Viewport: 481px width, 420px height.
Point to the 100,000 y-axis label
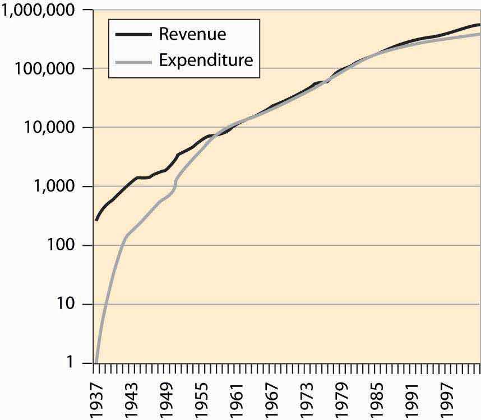48,69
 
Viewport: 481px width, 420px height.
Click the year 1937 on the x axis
96,399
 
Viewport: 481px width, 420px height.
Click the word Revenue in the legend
192,34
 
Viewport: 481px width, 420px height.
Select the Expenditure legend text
206,59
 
